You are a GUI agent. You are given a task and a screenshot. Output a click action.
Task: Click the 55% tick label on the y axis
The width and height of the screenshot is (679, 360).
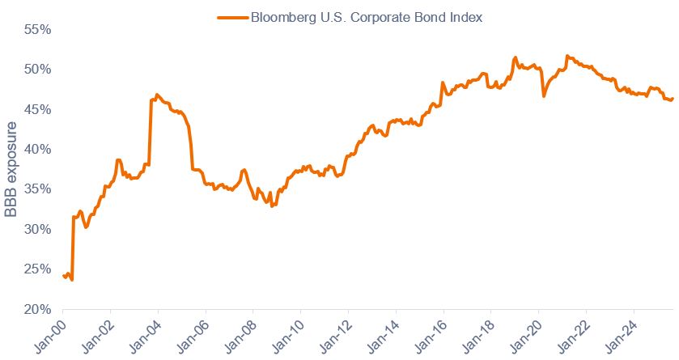(37, 29)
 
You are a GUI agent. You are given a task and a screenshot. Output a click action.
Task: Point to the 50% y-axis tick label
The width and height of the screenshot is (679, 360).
(37, 69)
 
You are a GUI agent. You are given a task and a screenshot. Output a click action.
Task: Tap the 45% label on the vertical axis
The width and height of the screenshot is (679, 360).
(37, 109)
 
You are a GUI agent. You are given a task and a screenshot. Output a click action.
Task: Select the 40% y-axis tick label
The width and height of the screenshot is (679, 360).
(37, 149)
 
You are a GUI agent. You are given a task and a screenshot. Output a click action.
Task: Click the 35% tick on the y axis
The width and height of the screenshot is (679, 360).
(37, 189)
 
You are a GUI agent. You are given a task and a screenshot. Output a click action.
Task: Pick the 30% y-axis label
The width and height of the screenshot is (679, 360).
(37, 229)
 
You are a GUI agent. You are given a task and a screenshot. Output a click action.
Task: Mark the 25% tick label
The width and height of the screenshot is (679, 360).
(37, 269)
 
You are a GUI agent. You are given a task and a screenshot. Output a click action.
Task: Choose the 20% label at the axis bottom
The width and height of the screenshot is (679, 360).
(37, 309)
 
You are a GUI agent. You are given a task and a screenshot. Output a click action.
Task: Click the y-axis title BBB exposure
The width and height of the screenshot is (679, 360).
(11, 169)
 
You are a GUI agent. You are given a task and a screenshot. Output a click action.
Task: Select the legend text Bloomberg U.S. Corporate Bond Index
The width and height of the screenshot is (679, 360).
(367, 16)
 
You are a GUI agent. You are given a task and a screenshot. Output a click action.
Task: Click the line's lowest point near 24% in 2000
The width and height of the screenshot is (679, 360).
(72, 280)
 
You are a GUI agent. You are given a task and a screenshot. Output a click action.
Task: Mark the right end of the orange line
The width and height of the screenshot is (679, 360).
(673, 99)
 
